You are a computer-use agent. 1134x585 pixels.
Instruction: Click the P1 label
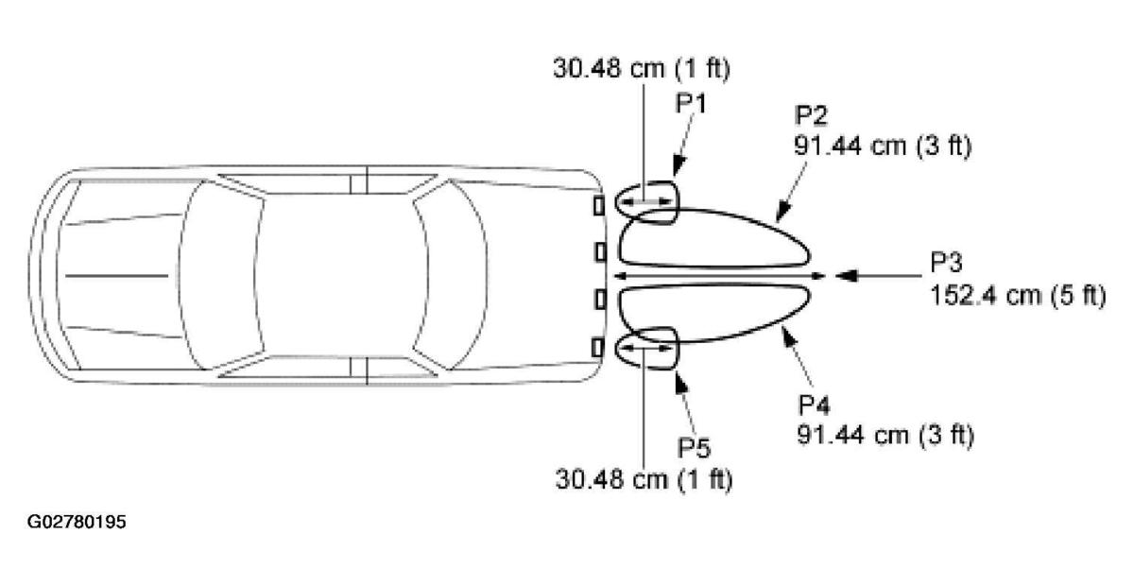691,103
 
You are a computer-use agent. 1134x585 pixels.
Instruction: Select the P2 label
811,115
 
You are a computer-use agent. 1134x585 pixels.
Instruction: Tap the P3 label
946,263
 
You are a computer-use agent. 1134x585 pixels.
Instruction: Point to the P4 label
815,405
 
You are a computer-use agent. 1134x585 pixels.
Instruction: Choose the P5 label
694,448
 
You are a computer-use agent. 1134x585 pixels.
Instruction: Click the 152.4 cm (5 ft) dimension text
1018,295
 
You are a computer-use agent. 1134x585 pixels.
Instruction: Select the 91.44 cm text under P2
850,146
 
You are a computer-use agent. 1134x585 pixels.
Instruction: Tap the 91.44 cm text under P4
853,435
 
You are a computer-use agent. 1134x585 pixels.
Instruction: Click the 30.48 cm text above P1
609,68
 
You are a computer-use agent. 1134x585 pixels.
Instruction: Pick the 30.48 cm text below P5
611,478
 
